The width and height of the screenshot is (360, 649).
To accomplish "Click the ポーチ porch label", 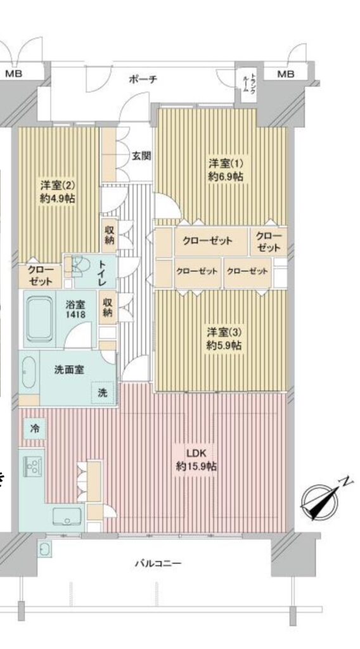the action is (143, 79).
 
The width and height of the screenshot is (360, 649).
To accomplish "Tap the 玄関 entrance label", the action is (141, 156).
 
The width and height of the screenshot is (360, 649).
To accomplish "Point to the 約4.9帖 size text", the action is (58, 198).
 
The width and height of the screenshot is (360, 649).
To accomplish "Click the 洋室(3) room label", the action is (224, 332).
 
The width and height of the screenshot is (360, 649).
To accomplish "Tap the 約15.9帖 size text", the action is (196, 466).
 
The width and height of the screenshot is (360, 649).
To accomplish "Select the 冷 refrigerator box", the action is (35, 429).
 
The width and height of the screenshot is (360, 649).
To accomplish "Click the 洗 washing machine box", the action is (103, 392).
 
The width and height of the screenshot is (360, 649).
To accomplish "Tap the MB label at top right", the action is (285, 74).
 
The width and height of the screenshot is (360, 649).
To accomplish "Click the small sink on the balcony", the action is (44, 549).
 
